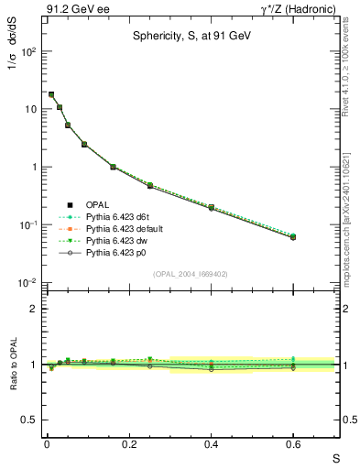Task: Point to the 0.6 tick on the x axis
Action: pyautogui.click(x=293, y=444)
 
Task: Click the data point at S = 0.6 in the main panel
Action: pyautogui.click(x=293, y=236)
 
